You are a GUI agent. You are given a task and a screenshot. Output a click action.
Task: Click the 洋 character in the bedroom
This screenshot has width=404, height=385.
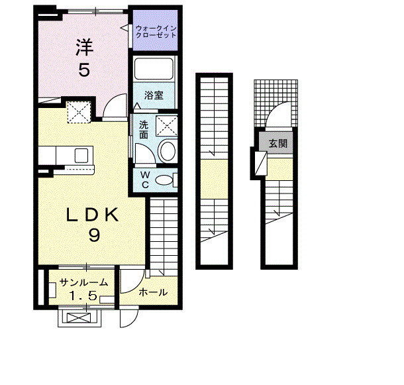coord(83,48)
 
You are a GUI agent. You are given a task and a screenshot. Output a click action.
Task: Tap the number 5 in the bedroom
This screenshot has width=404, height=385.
coord(83,70)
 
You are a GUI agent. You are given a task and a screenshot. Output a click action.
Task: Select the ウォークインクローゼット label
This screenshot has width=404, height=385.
coord(156,31)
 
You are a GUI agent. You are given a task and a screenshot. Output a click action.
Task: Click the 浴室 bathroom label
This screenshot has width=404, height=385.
coord(154,95)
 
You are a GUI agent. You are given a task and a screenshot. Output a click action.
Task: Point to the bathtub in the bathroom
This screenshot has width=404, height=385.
coord(154,70)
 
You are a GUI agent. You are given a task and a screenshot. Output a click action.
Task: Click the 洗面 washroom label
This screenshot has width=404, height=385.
coord(144,129)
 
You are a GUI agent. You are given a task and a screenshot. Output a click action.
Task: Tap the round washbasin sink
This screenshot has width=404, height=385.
coord(168,150)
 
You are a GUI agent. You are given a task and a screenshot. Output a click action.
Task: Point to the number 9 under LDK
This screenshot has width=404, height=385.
coord(93,235)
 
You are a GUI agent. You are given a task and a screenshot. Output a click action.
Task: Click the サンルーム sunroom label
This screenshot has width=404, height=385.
coord(84,282)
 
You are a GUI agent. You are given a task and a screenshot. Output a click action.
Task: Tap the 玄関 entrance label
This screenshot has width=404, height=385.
coord(278,144)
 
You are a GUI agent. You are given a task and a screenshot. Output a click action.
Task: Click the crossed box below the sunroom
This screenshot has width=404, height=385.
coord(78,318)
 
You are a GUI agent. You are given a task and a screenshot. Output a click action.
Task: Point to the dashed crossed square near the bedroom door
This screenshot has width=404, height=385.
coord(79,111)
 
